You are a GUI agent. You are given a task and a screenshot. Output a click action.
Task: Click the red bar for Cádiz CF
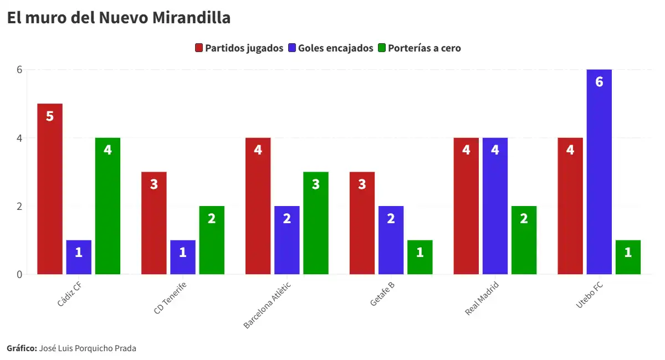(x=50, y=188)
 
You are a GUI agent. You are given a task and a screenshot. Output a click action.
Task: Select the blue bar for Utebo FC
(x=599, y=172)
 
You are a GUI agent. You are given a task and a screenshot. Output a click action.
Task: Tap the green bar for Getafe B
(x=420, y=257)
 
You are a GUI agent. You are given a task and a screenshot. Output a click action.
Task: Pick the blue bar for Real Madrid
(x=495, y=205)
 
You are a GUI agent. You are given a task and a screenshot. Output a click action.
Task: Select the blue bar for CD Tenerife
(x=183, y=257)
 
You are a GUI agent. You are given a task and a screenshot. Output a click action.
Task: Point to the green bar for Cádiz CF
(x=108, y=205)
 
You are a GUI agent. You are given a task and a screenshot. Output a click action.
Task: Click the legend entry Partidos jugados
(x=239, y=48)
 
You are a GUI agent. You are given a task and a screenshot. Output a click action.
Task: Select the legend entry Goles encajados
(x=331, y=48)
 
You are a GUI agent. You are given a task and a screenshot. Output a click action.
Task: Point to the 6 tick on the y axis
(x=18, y=70)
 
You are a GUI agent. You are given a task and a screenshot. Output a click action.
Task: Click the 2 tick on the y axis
(x=18, y=206)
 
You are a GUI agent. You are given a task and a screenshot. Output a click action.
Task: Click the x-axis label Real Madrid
(x=482, y=299)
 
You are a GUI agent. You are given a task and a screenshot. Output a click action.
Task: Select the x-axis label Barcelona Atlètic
(x=267, y=305)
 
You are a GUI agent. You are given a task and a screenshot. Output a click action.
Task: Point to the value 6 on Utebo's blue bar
(x=599, y=82)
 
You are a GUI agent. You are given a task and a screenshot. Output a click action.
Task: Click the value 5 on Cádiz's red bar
(x=50, y=116)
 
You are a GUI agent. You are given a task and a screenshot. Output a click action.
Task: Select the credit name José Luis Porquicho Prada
(x=88, y=348)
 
